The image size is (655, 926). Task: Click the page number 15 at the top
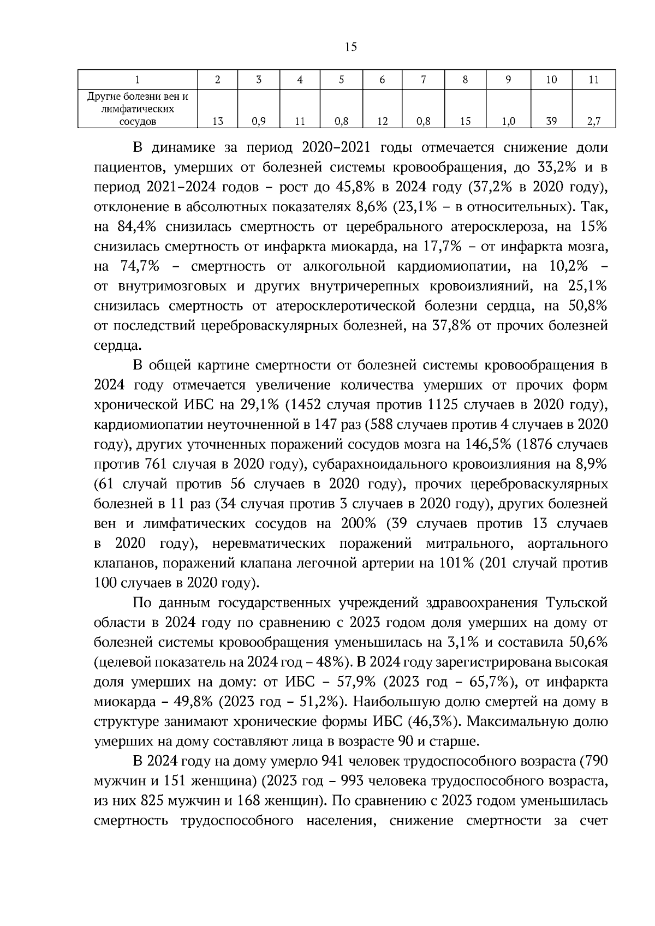(x=351, y=47)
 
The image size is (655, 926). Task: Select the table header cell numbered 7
(x=423, y=80)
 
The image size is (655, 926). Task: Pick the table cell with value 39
(x=551, y=122)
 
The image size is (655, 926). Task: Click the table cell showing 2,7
(x=594, y=122)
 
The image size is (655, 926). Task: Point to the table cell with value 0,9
(x=259, y=122)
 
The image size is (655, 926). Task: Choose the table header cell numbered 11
(x=594, y=80)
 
